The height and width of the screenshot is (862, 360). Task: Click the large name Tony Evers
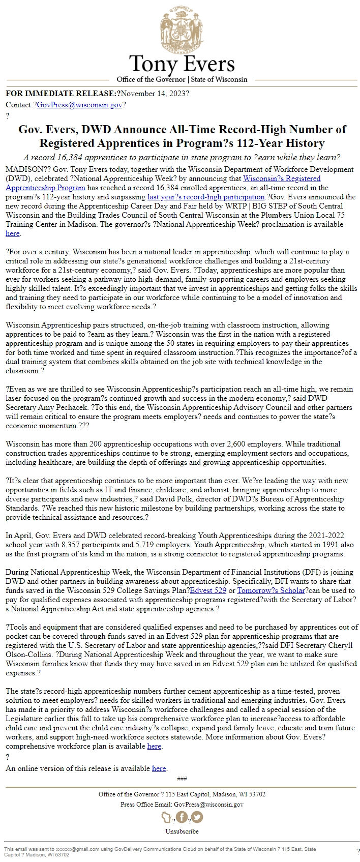coord(182,64)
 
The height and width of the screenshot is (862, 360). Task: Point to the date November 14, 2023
coord(153,94)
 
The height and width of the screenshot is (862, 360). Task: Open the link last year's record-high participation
coord(206,197)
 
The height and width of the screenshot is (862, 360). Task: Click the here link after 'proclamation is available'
coord(12,233)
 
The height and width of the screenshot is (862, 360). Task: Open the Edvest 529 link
coord(207,590)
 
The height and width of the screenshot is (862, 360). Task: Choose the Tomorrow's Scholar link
coord(271,590)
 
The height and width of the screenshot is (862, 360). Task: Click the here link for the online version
coord(159,768)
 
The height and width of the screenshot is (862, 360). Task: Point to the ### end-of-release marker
coord(182,779)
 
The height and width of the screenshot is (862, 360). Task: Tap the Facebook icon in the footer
coord(182,817)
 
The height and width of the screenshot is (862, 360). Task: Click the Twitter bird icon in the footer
coord(196,817)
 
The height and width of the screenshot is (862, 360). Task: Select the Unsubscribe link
coord(182,831)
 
